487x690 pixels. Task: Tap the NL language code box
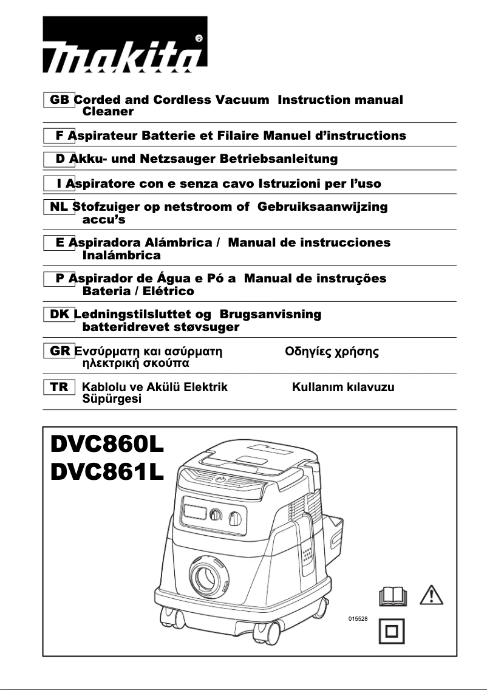(x=59, y=207)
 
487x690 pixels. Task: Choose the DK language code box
(x=59, y=315)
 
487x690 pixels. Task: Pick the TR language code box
(x=59, y=387)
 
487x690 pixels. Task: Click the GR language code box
(x=59, y=351)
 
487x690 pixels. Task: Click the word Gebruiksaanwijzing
(x=322, y=207)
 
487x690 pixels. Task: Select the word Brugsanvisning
(x=268, y=315)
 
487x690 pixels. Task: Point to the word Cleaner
(x=107, y=112)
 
